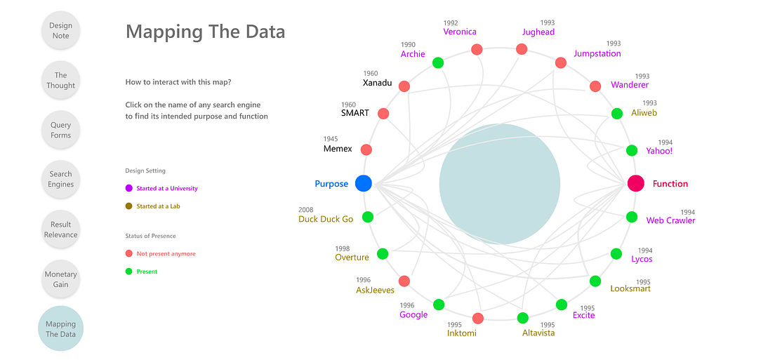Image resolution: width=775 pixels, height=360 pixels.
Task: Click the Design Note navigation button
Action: coord(61,31)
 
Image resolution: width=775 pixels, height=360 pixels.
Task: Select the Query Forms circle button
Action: coord(61,130)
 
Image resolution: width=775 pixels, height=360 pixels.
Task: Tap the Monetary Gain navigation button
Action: coord(61,279)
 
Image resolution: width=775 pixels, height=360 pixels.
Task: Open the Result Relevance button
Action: coord(61,229)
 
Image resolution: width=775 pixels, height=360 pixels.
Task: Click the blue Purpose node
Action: coord(363,183)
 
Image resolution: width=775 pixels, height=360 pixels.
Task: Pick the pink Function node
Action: coord(636,183)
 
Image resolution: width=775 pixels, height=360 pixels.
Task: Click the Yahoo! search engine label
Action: coord(660,151)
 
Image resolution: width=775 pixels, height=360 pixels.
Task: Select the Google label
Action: coord(413,314)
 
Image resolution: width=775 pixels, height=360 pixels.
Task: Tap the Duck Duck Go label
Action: coord(326,219)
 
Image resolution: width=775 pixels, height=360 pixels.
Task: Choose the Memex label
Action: coord(338,149)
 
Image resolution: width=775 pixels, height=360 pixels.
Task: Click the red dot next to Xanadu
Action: coord(404,86)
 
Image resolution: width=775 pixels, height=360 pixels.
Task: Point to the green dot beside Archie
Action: coord(438,62)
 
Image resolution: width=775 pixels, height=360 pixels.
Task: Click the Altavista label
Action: coord(538,333)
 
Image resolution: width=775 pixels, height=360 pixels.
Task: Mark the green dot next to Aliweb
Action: coord(617,113)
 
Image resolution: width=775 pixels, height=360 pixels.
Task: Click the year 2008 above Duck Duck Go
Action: coord(306,210)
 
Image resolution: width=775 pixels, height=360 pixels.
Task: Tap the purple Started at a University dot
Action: coord(128,188)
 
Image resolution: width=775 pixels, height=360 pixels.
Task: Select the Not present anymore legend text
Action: coord(166,254)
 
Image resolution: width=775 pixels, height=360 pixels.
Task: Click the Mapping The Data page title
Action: coord(205,32)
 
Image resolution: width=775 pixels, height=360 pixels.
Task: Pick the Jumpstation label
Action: coord(597,53)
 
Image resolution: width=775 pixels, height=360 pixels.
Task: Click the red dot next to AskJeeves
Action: coord(404,281)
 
